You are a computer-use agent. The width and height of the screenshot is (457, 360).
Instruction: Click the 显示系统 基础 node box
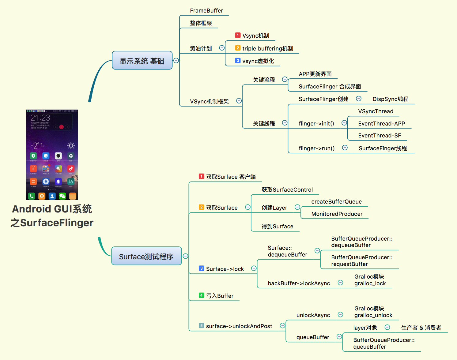142,61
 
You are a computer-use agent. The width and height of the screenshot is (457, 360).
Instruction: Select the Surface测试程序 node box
146,256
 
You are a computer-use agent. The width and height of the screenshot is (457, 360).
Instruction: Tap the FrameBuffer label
206,11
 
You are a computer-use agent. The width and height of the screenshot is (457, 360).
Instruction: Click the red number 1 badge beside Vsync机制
238,35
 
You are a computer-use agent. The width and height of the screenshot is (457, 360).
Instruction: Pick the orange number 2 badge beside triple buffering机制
238,48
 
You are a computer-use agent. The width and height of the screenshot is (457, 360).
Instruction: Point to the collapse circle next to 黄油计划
222,48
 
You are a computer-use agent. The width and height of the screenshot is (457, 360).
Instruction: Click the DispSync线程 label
390,99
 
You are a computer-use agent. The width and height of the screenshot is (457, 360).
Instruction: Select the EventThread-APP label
381,123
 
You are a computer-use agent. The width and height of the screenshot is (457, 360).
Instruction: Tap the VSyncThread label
376,111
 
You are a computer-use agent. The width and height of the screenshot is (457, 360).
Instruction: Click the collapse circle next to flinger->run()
345,148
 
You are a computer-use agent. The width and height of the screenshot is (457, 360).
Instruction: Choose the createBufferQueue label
336,202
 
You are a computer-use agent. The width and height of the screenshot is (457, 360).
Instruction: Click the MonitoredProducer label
337,214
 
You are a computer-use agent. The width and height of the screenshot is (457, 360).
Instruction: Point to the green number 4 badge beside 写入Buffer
201,295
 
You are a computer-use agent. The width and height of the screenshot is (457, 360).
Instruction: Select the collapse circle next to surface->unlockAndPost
282,325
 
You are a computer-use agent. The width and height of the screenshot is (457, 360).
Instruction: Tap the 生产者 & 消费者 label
421,328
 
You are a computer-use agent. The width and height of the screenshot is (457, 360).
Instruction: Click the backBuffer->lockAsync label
299,283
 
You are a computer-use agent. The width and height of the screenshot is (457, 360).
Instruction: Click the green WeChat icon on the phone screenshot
62,196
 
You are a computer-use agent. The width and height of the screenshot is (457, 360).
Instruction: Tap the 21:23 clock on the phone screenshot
40,118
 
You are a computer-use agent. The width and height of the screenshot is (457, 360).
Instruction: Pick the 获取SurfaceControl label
287,190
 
